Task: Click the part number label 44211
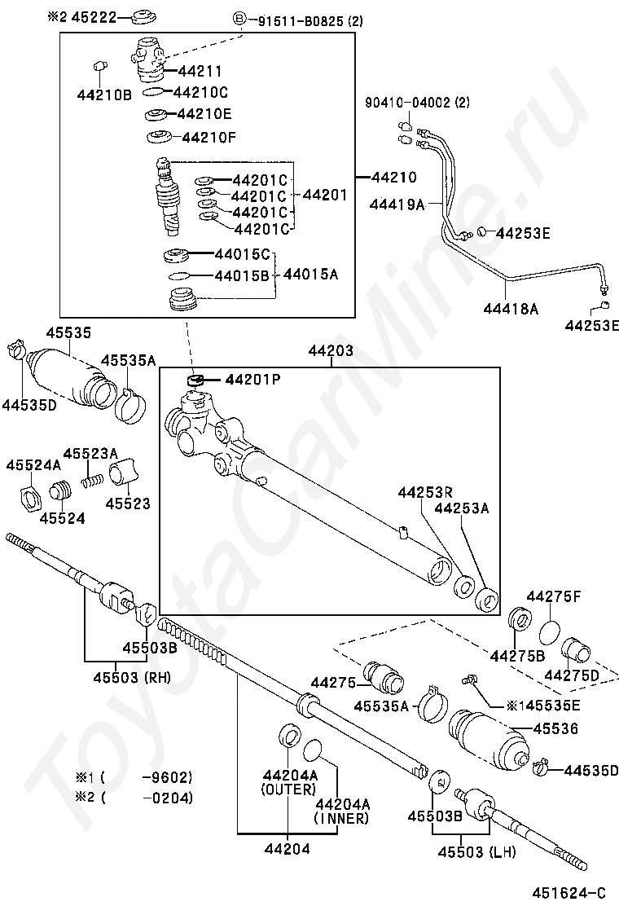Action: click(x=200, y=71)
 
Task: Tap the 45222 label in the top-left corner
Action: click(x=94, y=17)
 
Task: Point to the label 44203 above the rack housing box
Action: click(x=331, y=350)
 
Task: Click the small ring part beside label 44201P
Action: click(x=197, y=380)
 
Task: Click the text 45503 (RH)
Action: click(x=132, y=676)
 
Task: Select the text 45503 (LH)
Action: click(x=477, y=851)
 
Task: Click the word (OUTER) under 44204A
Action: click(x=288, y=789)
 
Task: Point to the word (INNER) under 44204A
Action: click(x=341, y=818)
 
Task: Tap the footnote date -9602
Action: click(x=168, y=777)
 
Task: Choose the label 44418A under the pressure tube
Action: click(x=511, y=309)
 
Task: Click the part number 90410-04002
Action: click(x=408, y=103)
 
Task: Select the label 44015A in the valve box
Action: click(x=310, y=274)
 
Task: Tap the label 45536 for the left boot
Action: click(x=555, y=728)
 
